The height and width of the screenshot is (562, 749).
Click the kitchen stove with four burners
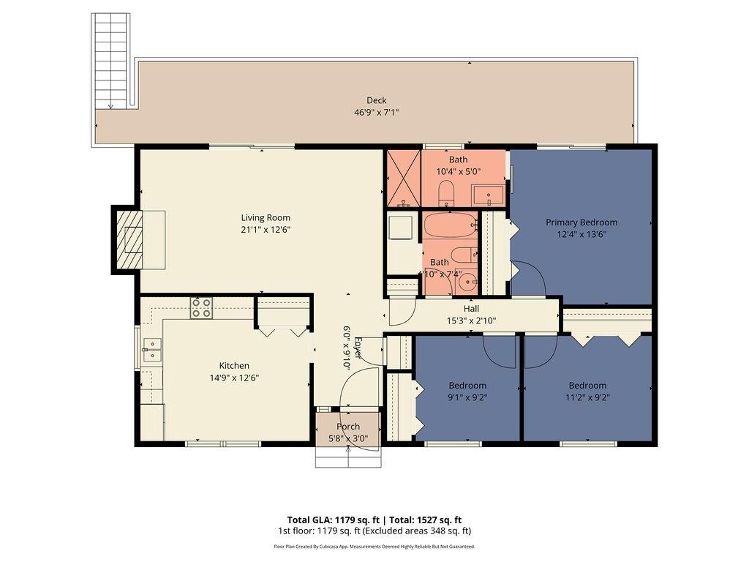(x=201, y=308)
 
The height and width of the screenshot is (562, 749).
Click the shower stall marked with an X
(x=403, y=179)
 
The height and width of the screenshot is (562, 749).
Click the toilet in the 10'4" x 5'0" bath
(x=446, y=194)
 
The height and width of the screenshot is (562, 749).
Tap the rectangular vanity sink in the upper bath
(x=488, y=195)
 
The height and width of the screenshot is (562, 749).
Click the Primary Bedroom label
(x=581, y=222)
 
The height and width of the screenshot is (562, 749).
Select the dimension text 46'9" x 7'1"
(x=376, y=113)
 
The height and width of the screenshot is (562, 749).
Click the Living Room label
(x=266, y=217)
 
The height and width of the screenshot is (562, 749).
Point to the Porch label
(x=348, y=427)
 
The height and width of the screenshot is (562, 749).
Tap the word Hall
(x=471, y=309)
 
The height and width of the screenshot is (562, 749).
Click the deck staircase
(x=110, y=61)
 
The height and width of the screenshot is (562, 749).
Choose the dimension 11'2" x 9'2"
(x=587, y=398)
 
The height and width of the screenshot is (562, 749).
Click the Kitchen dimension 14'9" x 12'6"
(x=234, y=378)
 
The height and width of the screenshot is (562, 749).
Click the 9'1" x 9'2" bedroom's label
(x=467, y=386)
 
